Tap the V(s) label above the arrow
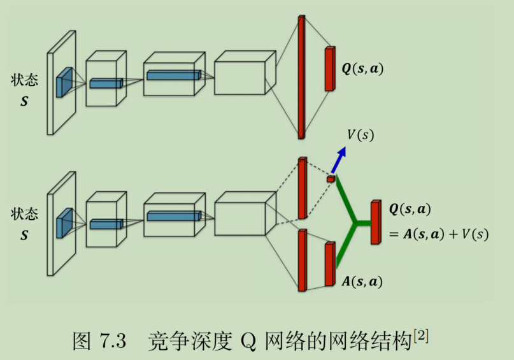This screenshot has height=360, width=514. pyautogui.click(x=361, y=135)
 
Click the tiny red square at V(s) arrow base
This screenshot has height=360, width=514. pyautogui.click(x=330, y=180)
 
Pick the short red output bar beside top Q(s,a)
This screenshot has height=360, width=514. pyautogui.click(x=329, y=68)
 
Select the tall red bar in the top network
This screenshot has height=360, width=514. pyautogui.click(x=301, y=76)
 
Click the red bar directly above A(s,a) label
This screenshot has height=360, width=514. pyautogui.click(x=329, y=264)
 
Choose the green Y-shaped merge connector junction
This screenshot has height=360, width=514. pyautogui.click(x=356, y=223)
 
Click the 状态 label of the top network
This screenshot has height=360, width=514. pyautogui.click(x=24, y=80)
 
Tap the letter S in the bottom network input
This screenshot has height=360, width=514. pyautogui.click(x=24, y=236)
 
